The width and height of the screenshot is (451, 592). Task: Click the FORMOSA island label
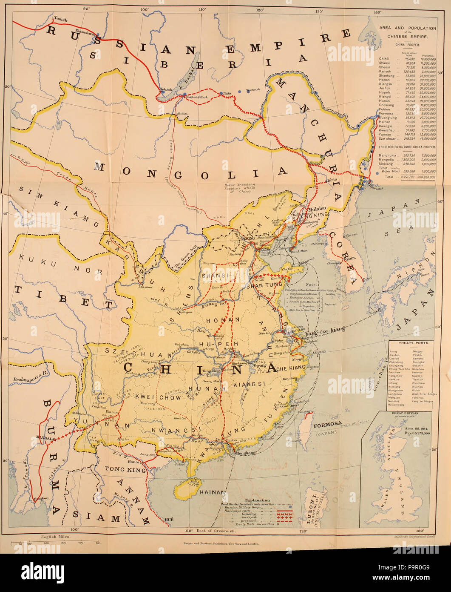click(x=328, y=425)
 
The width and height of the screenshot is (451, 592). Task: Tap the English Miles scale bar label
click(x=56, y=537)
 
